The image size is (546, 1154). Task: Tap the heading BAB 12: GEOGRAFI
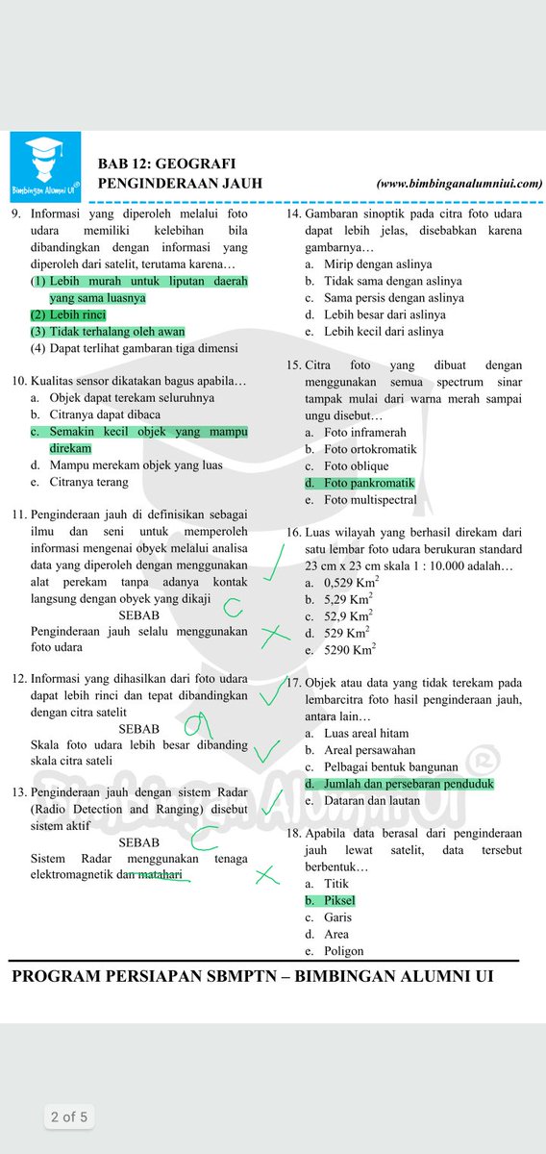(166, 163)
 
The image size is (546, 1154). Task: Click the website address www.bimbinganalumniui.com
(459, 182)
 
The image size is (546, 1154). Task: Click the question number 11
(18, 514)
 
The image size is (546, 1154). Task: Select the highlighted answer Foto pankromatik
(368, 483)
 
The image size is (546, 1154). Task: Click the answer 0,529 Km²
(351, 582)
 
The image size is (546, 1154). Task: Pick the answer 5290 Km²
(350, 650)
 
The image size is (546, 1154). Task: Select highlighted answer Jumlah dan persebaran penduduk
(408, 784)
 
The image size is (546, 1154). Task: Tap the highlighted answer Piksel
(338, 901)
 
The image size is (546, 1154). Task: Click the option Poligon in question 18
(344, 951)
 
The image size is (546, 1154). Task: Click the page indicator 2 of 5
(69, 1116)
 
